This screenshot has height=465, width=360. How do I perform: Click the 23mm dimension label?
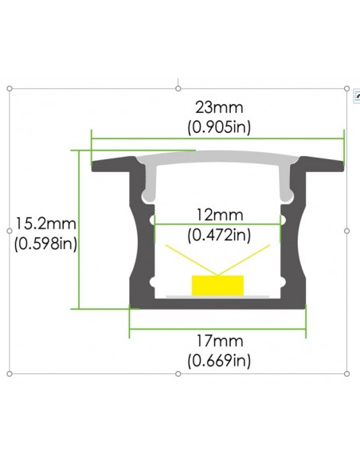219,107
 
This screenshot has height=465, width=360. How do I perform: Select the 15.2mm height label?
45,225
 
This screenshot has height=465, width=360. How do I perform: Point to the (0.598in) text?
45,244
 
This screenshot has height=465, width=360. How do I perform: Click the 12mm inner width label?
219,215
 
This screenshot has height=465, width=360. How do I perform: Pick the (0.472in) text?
219,234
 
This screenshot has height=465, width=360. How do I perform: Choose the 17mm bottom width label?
219,341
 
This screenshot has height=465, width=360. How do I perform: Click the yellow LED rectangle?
217,284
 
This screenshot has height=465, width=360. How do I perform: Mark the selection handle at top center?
178,88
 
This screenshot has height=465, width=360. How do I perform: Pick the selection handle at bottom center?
178,373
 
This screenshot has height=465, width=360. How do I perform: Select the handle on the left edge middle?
9,231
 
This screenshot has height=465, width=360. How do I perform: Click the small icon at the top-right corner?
356,95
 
